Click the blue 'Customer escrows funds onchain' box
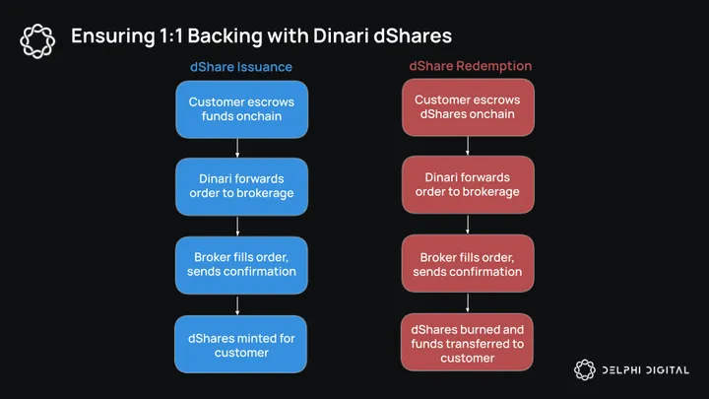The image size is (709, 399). click(241, 108)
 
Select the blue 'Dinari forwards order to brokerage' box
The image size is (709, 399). click(241, 185)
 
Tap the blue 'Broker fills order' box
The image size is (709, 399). click(241, 263)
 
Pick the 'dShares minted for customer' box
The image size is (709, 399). click(241, 344)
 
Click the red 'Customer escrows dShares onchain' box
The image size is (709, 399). click(467, 108)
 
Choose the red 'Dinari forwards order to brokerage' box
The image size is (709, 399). click(467, 185)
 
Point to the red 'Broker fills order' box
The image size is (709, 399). click(467, 263)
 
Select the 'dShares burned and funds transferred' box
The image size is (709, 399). click(467, 344)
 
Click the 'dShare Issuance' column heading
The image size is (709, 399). click(241, 67)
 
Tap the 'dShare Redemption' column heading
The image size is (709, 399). click(467, 67)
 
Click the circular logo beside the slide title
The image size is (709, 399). click(37, 37)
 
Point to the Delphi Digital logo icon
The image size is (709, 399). click(586, 369)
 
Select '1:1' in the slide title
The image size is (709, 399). click(168, 36)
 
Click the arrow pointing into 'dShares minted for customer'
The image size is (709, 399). click(241, 303)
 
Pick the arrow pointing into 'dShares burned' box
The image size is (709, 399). click(467, 303)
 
